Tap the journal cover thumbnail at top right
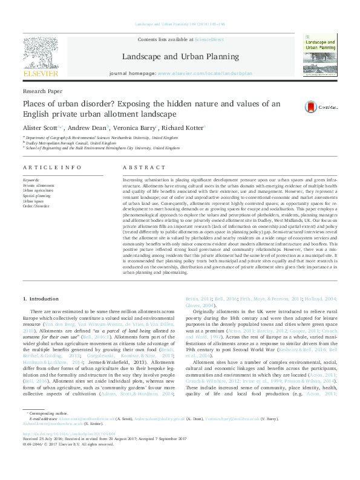click(x=320, y=54)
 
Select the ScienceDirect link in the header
click(x=208, y=39)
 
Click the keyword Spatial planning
click(x=37, y=196)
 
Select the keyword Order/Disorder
click(x=36, y=206)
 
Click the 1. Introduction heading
click(x=41, y=299)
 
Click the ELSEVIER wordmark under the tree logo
click(x=41, y=74)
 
